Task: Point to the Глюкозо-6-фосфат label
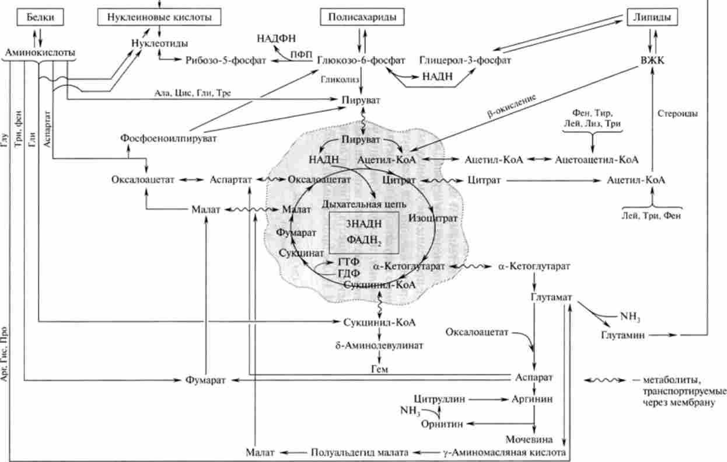(354, 60)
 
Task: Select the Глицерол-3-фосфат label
(457, 60)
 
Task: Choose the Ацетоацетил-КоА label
(597, 159)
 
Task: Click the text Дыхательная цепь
(356, 204)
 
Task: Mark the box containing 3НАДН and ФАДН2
(364, 232)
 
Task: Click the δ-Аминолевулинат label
(380, 345)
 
